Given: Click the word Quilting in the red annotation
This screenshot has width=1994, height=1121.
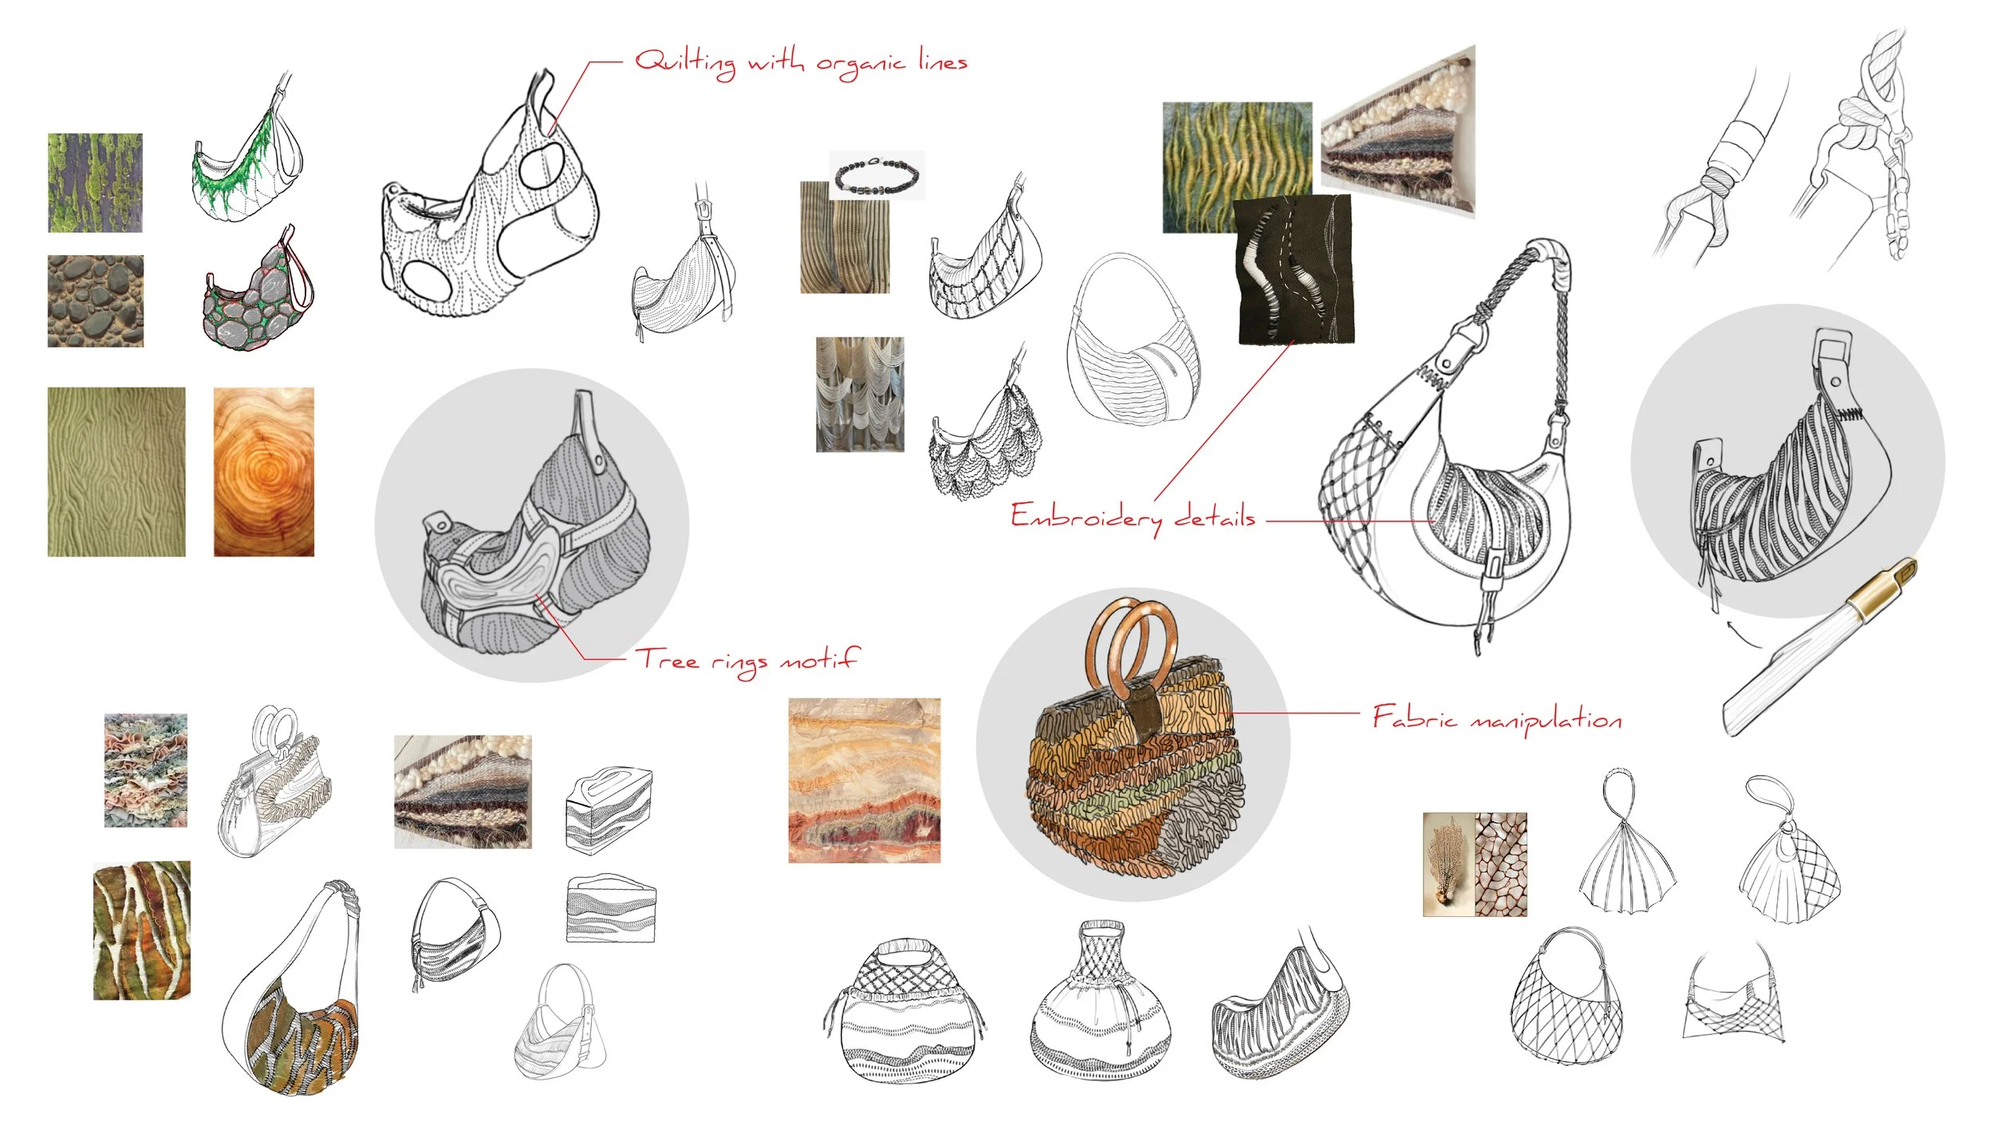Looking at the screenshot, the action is (685, 62).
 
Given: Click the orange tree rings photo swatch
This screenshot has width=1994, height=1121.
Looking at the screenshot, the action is (264, 471).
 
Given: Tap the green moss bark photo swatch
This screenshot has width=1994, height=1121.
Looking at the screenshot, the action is (95, 183).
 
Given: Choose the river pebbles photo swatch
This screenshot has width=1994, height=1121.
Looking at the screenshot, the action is (96, 301).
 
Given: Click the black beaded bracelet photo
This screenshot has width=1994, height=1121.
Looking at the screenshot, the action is (877, 175).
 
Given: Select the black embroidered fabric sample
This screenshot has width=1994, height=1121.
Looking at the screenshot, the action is (1294, 269).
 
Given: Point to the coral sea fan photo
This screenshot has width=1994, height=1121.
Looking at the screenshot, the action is (1448, 864).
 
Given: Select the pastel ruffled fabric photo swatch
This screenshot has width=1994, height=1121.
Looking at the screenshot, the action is (146, 770).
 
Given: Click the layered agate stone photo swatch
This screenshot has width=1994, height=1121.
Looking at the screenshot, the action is (865, 781).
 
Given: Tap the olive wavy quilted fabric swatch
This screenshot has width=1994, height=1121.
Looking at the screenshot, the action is (116, 471).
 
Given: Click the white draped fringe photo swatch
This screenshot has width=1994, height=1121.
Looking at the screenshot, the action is (860, 394).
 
